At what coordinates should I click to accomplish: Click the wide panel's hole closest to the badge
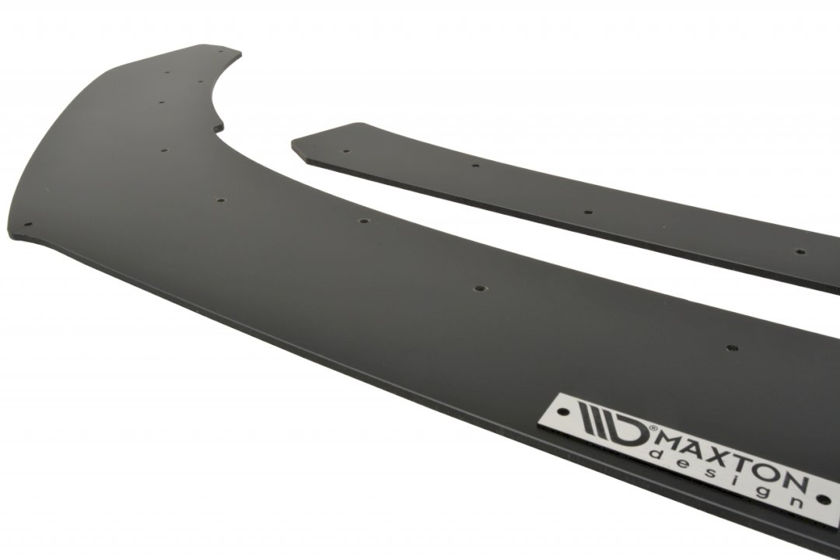731,348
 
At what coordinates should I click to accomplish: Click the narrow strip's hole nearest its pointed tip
346,151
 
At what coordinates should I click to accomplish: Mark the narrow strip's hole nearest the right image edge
799,252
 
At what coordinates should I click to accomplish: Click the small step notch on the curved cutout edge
220,124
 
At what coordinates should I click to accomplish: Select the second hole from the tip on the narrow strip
475,166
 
